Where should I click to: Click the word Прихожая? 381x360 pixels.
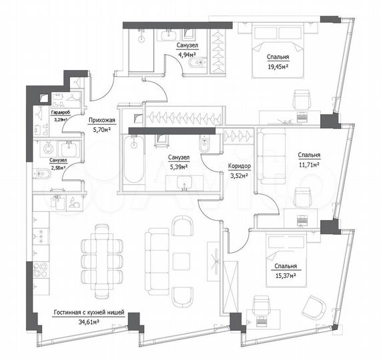(x=101, y=121)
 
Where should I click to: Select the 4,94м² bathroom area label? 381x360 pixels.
(x=187, y=55)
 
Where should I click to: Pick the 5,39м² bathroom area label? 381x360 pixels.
(x=177, y=167)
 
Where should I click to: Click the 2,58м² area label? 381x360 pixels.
(x=58, y=167)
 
